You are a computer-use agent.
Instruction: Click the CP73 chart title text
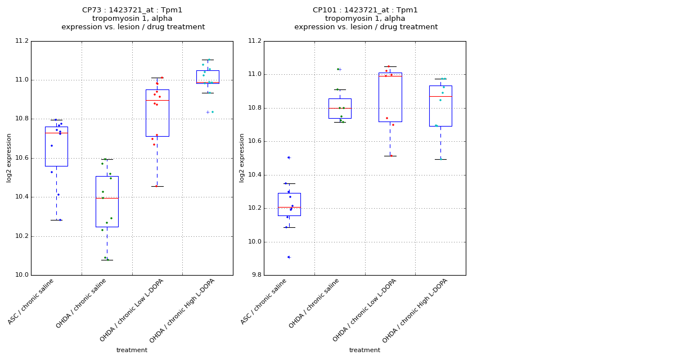[x=133, y=19]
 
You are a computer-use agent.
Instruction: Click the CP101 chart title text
[x=366, y=19]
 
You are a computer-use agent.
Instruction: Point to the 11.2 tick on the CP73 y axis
[x=22, y=41]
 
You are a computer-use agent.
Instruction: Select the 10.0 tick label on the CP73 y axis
[x=22, y=275]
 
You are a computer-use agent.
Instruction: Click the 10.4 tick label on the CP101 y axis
[x=255, y=175]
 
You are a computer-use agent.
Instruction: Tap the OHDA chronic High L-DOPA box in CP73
[x=208, y=76]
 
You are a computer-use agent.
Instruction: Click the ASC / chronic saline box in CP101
[x=289, y=204]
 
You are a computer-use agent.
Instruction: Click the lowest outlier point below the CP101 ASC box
[x=289, y=257]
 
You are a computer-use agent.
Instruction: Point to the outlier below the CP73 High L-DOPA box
[x=208, y=112]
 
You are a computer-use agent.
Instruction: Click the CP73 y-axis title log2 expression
[x=9, y=158]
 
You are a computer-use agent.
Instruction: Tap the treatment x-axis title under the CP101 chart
[x=364, y=350]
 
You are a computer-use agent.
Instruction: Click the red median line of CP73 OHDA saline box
[x=107, y=198]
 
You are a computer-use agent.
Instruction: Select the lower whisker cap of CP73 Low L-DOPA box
[x=157, y=186]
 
